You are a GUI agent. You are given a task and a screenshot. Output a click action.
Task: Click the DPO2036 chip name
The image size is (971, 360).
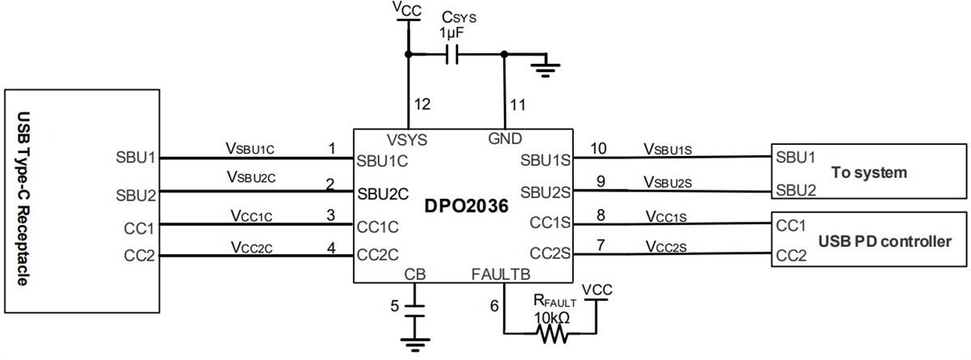(467, 206)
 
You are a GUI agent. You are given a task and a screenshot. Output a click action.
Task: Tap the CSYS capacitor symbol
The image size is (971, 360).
(453, 55)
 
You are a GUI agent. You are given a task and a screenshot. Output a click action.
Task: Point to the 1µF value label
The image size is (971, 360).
(452, 33)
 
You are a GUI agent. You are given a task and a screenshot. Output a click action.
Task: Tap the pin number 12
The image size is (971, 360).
(422, 104)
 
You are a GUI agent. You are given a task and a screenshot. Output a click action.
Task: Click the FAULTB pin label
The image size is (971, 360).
(500, 274)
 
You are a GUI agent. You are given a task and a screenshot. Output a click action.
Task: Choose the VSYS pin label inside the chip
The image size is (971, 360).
(407, 139)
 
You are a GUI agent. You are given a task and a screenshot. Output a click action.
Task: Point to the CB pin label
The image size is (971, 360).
(414, 274)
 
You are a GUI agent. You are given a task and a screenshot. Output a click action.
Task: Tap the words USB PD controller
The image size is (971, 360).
(884, 241)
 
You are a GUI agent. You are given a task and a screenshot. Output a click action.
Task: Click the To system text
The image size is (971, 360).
(868, 172)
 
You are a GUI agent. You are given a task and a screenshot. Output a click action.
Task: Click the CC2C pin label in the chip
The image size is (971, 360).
(378, 254)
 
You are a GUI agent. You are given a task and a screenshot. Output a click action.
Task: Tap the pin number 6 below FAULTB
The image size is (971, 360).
(494, 306)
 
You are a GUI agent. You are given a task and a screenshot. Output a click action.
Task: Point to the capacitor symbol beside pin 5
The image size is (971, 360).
(415, 310)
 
